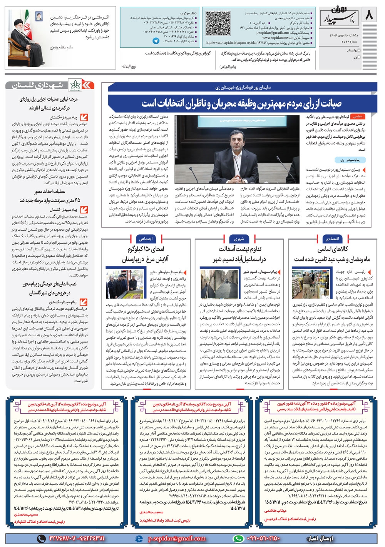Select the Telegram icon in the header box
[155, 40]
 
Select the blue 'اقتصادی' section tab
[331, 239]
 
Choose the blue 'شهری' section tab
[239, 239]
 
